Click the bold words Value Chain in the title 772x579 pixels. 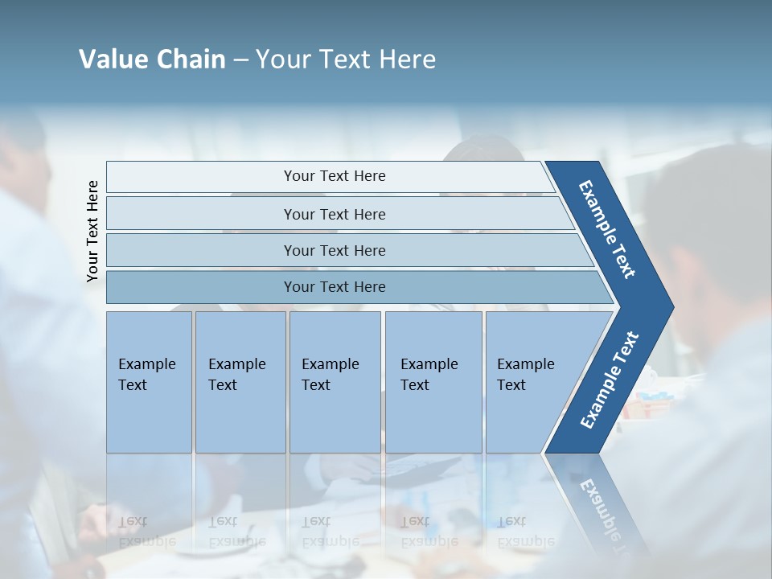pyautogui.click(x=152, y=60)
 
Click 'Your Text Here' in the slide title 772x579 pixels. pyautogui.click(x=346, y=60)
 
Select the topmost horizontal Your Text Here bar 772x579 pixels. pyautogui.click(x=335, y=176)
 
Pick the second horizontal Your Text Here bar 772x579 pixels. pyautogui.click(x=335, y=214)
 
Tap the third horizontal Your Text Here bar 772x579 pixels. pyautogui.click(x=335, y=250)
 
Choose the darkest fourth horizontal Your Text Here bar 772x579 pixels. pyautogui.click(x=335, y=287)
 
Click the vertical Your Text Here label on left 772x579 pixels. pyautogui.click(x=92, y=231)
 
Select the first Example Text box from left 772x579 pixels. pyautogui.click(x=149, y=381)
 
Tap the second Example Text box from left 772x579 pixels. pyautogui.click(x=240, y=381)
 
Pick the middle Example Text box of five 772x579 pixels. pyautogui.click(x=334, y=381)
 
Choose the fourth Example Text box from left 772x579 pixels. pyautogui.click(x=433, y=381)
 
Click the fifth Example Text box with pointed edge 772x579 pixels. pyautogui.click(x=531, y=381)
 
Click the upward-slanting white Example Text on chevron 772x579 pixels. pyautogui.click(x=610, y=380)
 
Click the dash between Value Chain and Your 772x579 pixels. pyautogui.click(x=240, y=60)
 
